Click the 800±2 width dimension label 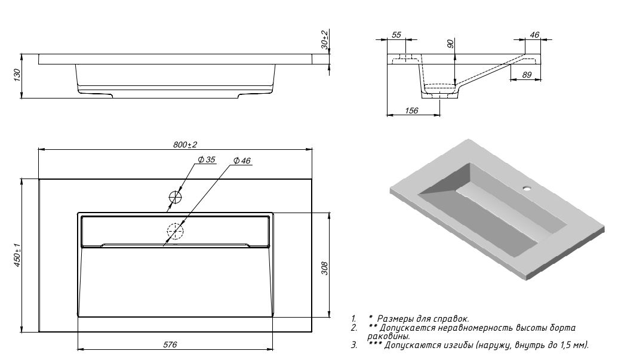click(185, 144)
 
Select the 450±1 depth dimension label click(19, 257)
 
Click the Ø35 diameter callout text click(207, 159)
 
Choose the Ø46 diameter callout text click(242, 161)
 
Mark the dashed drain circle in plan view click(176, 231)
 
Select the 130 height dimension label click(18, 75)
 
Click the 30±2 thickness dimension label click(324, 39)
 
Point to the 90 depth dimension click(451, 43)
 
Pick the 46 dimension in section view click(534, 35)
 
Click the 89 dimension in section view click(527, 75)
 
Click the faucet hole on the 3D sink click(527, 189)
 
